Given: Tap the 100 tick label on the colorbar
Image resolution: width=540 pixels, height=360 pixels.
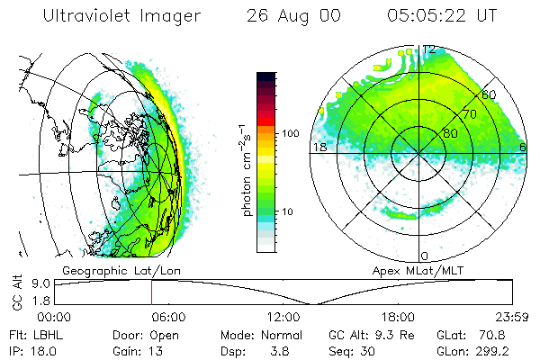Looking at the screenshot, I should (290, 133).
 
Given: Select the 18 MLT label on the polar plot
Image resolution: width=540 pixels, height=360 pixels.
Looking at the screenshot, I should (319, 147).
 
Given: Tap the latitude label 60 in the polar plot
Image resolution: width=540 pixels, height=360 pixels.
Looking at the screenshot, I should (489, 94).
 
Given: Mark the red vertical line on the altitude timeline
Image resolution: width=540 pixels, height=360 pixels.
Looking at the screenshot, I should (151, 292).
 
